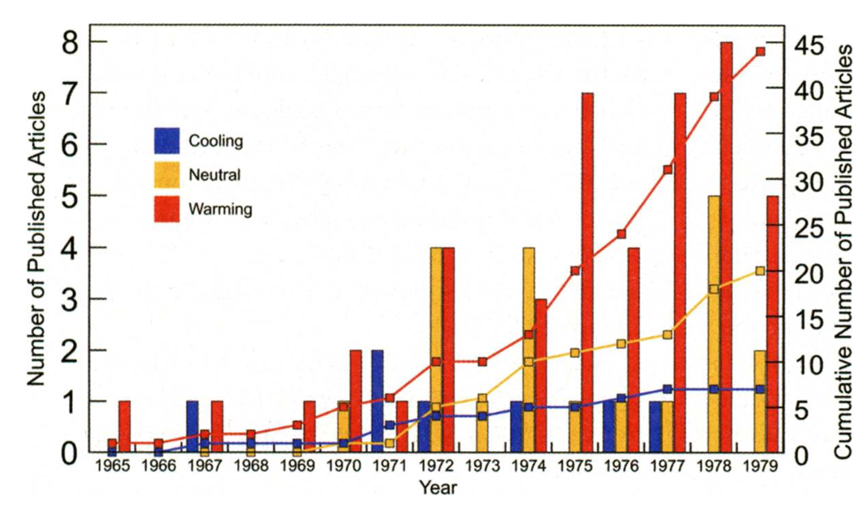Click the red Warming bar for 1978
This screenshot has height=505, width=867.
coord(726,242)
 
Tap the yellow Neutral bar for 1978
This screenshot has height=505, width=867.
coord(714,363)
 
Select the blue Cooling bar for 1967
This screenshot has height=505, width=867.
coord(192,424)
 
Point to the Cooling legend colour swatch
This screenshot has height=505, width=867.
coord(167,140)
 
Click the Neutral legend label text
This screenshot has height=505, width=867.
coord(215,176)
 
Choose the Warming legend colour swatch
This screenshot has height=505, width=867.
coord(167,210)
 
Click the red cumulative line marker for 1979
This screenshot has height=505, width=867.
coord(760,51)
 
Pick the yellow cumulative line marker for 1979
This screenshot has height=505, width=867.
coord(760,271)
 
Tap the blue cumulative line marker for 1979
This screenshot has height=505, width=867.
coord(760,389)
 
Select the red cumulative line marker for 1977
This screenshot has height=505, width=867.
coord(668,170)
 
